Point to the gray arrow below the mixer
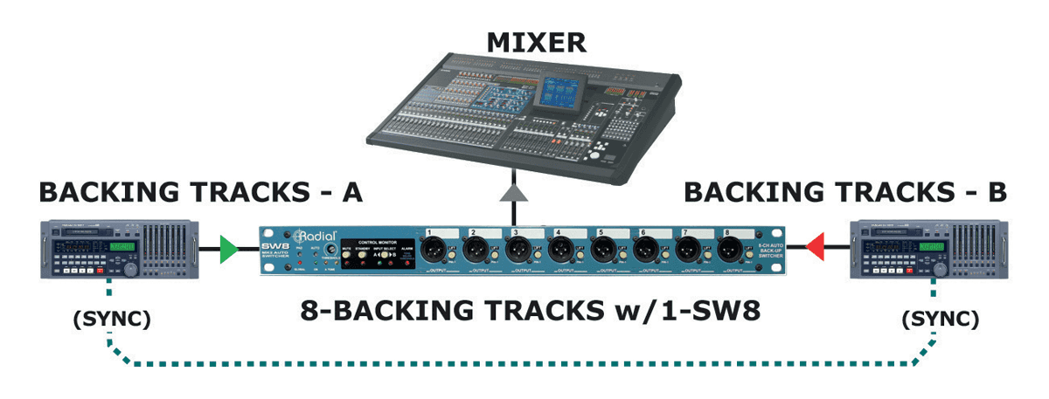(516, 194)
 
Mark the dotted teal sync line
(524, 362)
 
